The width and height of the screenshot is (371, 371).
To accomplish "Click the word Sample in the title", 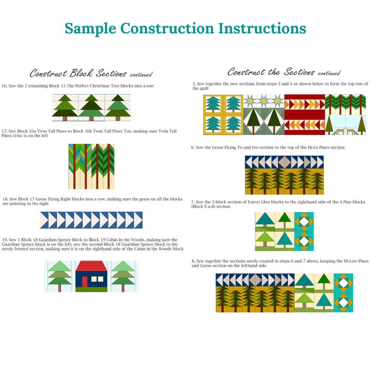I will [x=90, y=29].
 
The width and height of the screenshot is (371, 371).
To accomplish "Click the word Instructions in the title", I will [x=262, y=29].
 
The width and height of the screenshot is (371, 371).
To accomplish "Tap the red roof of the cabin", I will [x=91, y=266].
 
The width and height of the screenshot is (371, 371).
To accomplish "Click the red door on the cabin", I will [x=85, y=282].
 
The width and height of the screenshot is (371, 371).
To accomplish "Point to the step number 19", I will [x=5, y=240].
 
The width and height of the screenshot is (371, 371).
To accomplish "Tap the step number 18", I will [x=5, y=199].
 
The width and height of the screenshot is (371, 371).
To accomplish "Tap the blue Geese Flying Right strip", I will [x=91, y=220].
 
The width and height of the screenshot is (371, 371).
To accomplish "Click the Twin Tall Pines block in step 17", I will [x=91, y=166].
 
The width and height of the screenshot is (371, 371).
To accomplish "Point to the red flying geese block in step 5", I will [x=304, y=115].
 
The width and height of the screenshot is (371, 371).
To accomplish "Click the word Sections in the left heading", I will [x=111, y=74].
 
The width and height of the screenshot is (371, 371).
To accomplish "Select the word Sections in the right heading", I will [x=299, y=72].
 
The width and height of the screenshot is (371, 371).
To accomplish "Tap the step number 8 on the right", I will [x=193, y=261].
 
